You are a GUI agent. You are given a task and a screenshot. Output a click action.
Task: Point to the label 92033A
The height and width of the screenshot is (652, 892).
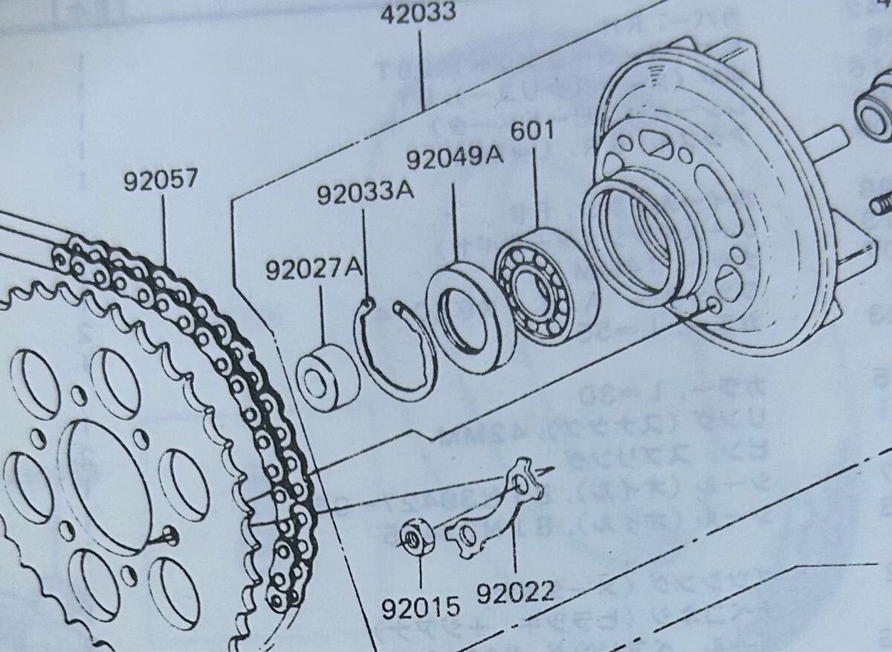pyautogui.click(x=365, y=195)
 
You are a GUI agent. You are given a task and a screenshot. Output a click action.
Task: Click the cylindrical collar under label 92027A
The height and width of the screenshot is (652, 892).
pyautogui.click(x=328, y=376)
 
